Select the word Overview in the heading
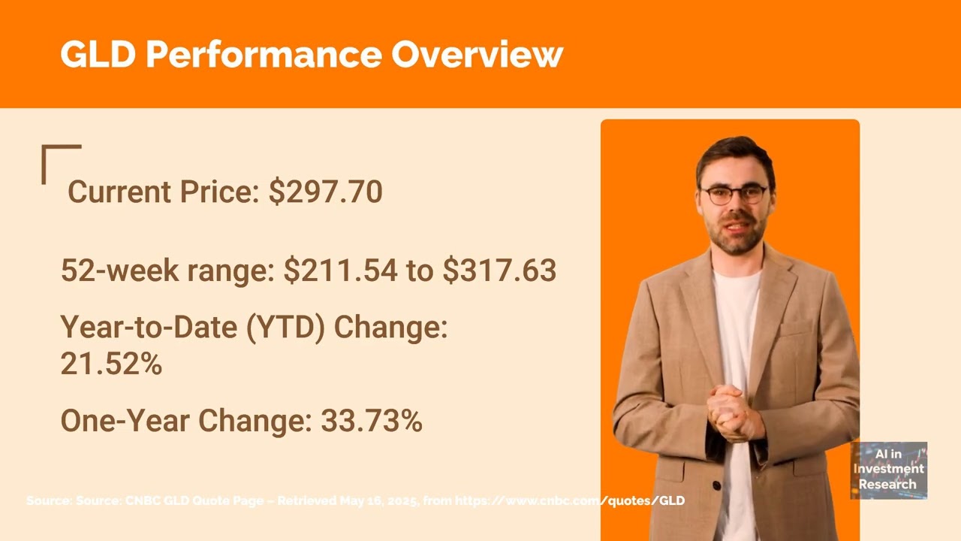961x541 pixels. [x=477, y=55]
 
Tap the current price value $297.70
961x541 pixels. [x=326, y=192]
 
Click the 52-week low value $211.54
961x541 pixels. [x=340, y=270]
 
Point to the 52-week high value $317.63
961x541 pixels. [x=499, y=270]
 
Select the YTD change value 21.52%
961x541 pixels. [x=111, y=364]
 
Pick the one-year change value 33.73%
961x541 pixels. [x=371, y=422]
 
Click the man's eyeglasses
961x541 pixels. [x=734, y=195]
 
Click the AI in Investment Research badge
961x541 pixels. [x=889, y=470]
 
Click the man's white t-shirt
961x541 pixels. [x=737, y=331]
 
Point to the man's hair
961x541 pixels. [x=734, y=154]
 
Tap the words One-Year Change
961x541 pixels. [x=185, y=422]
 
